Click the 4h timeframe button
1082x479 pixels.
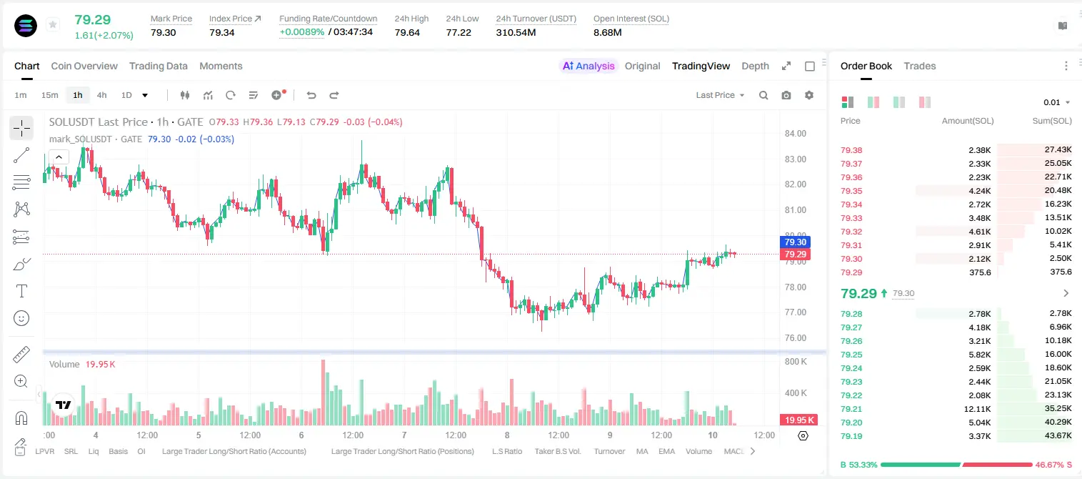tap(101, 95)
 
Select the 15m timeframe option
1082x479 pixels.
tap(49, 95)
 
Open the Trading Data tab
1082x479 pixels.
tap(158, 66)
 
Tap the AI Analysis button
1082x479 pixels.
tap(588, 66)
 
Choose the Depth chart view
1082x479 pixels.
tap(755, 66)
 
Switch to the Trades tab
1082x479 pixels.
tap(920, 66)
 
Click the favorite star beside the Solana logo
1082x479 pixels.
tap(53, 24)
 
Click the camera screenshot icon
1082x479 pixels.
tap(786, 95)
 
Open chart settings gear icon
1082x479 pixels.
tap(809, 95)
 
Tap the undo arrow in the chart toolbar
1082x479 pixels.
tap(311, 95)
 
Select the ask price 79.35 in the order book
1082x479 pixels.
tap(851, 191)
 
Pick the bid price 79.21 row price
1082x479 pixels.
tap(851, 409)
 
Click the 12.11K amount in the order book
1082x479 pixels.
tap(977, 409)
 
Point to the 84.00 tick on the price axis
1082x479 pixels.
tap(796, 134)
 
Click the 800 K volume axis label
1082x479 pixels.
tap(796, 362)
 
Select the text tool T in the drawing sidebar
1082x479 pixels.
tap(21, 291)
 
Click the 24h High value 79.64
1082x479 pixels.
tap(407, 32)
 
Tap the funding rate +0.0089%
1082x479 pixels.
tap(302, 32)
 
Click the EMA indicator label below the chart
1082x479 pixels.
tap(666, 451)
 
